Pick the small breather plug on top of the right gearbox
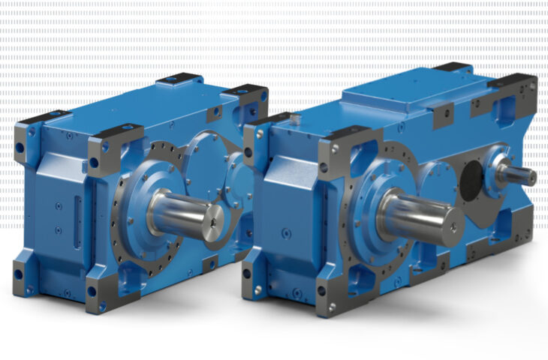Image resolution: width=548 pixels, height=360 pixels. point(295,118)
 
